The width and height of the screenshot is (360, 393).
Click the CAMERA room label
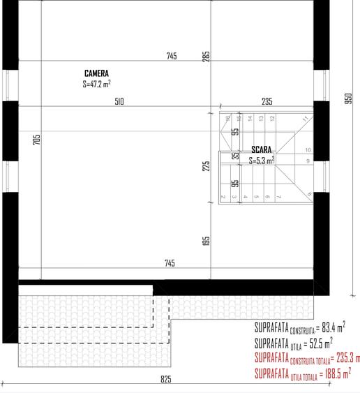[96, 73]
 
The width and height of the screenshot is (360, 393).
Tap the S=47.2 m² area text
[96, 84]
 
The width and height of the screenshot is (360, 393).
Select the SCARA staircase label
[262, 150]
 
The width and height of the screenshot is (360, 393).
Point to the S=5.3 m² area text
[262, 160]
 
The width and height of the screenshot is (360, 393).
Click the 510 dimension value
[119, 102]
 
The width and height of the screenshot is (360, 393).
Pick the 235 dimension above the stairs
[267, 102]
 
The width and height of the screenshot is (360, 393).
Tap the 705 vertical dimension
[37, 140]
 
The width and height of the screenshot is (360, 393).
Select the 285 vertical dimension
[206, 56]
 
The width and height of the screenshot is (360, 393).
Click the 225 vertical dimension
[206, 166]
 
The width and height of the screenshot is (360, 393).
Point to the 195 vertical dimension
[206, 240]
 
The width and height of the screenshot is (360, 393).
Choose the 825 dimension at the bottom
[165, 380]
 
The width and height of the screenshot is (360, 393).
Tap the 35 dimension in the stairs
[235, 156]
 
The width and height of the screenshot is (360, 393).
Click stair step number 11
[305, 119]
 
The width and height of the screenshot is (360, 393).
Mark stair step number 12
[271, 119]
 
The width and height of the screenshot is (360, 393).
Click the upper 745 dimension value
[172, 56]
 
